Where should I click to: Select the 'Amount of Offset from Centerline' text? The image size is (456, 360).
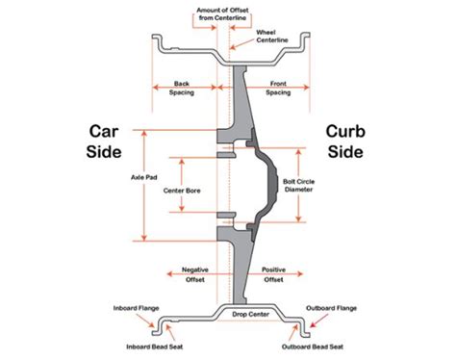(228, 13)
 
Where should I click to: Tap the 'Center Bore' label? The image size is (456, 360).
(182, 190)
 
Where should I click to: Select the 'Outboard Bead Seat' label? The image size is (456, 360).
(312, 347)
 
